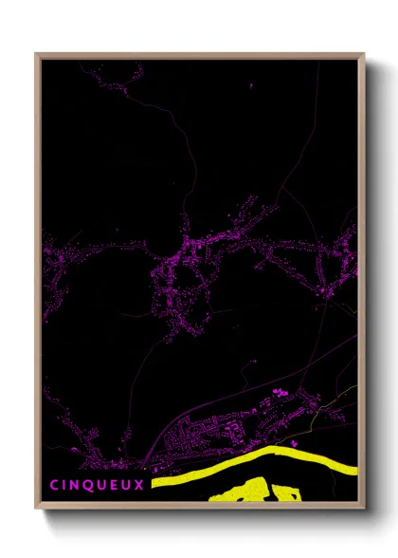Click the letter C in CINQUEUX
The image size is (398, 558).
55,484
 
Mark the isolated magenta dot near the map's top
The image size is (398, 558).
253,87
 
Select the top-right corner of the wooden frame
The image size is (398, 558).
363,54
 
